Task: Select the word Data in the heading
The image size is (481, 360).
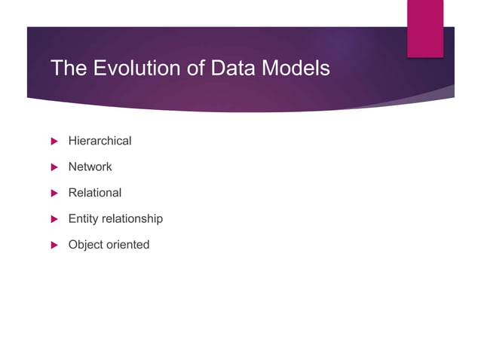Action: pos(224,69)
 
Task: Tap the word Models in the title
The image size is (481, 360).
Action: pos(295,69)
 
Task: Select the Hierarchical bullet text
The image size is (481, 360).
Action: pos(100,141)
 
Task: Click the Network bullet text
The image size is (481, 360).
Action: pos(90,166)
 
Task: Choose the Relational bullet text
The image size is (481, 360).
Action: pos(94,193)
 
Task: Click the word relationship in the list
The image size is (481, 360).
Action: pos(133,218)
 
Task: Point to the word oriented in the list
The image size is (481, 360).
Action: pos(128,244)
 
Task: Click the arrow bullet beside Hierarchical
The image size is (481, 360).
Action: pos(54,141)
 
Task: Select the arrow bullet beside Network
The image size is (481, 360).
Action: pos(54,166)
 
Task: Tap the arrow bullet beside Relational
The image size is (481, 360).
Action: pos(54,193)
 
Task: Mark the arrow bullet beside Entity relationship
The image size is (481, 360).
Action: pos(54,218)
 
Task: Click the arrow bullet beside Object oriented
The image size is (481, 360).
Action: pos(54,245)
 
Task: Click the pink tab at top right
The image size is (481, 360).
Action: pos(425,28)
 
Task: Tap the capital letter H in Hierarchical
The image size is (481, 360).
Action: pos(72,141)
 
